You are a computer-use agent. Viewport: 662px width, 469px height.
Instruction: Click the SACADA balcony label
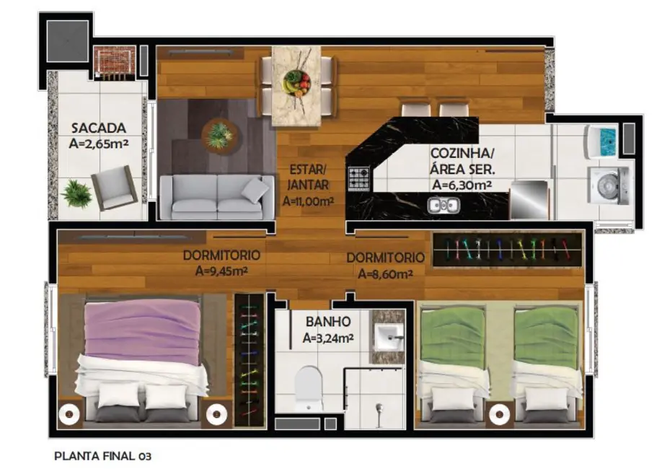[99, 128]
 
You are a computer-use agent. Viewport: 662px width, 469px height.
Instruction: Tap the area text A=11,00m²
[308, 202]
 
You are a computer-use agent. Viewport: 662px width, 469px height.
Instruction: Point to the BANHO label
[327, 321]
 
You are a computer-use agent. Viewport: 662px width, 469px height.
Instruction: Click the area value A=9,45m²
[221, 271]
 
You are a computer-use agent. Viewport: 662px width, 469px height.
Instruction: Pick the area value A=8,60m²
[385, 273]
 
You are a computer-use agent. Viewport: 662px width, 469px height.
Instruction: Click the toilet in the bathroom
[309, 389]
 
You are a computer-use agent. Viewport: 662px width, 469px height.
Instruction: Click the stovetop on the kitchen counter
[358, 177]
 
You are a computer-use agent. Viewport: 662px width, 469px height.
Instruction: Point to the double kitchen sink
[443, 206]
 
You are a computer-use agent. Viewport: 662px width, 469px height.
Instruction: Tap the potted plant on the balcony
[76, 193]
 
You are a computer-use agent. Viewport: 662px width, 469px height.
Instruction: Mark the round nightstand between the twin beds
[498, 415]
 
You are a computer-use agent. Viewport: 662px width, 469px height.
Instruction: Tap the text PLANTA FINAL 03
[103, 456]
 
